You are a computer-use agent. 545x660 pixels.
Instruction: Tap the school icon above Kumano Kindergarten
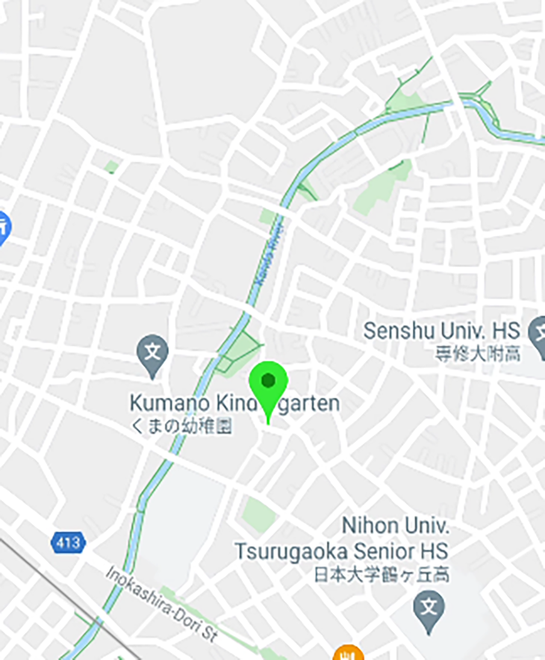coord(152,350)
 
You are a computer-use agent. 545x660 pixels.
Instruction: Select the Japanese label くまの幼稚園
coord(181,426)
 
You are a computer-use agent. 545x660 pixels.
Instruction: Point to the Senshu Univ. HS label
coord(441,331)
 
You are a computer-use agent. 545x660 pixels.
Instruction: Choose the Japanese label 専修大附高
coord(478,354)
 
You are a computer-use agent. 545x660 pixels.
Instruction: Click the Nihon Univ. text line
coord(395,526)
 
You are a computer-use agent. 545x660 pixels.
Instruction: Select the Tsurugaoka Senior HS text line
coord(341,551)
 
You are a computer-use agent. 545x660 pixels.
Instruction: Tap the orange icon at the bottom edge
coord(346,653)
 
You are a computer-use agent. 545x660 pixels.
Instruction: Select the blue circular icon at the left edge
coord(3,225)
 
